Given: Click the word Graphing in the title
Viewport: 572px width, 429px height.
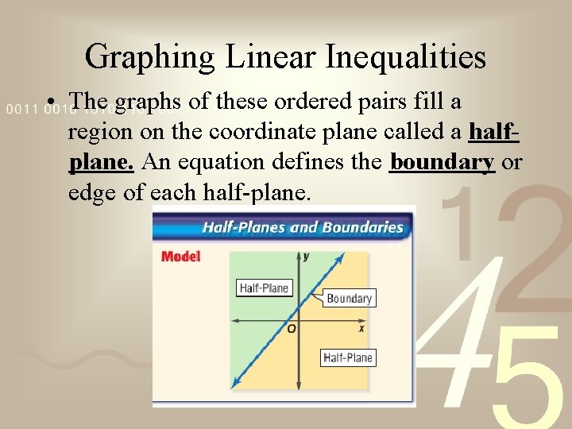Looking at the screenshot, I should pos(149,56).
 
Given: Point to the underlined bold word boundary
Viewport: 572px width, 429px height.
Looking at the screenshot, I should pos(443,162).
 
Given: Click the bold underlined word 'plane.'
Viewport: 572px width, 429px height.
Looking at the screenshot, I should pos(101,162).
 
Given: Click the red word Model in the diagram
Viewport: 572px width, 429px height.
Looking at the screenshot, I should pos(180,257).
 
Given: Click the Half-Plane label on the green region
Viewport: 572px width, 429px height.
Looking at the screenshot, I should pos(265,288).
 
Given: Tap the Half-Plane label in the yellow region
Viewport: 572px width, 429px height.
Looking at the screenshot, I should pos(348,357).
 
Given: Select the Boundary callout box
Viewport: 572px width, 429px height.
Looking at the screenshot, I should pos(349,299).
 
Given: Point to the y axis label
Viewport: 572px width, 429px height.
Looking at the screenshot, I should pos(307,256).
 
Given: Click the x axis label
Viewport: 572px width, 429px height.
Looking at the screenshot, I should pos(361,328).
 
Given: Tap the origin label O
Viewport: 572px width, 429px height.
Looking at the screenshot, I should pos(292,328).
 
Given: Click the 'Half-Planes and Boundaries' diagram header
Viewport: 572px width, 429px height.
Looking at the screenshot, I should pos(303,227).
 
